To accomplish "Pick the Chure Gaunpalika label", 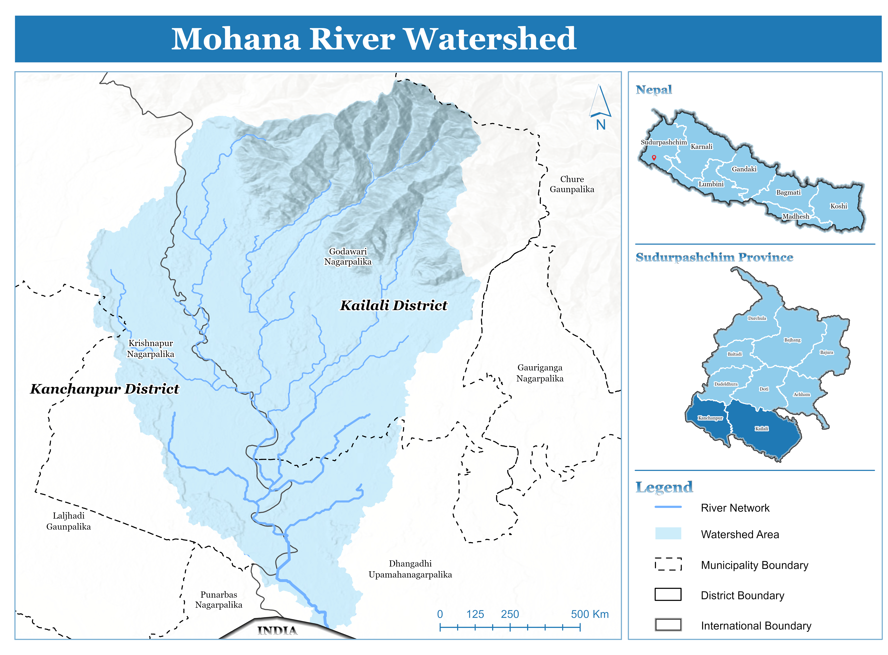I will coord(572,184).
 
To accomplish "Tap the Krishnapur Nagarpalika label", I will coord(151,349).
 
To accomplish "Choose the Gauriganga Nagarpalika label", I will coord(539,373).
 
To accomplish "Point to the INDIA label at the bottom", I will coord(277,630).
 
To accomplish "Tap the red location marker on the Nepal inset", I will coord(654,157).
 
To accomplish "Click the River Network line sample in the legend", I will coord(668,507).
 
